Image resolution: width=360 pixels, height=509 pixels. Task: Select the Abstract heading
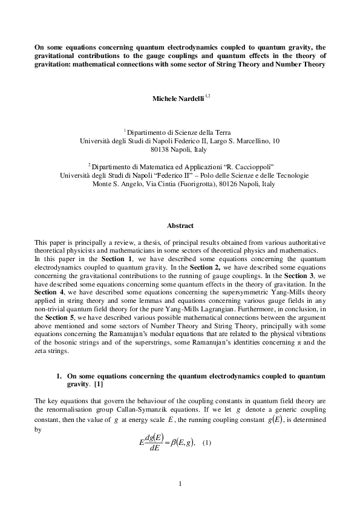pos(180,225)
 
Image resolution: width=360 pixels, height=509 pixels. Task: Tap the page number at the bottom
pos(180,484)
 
